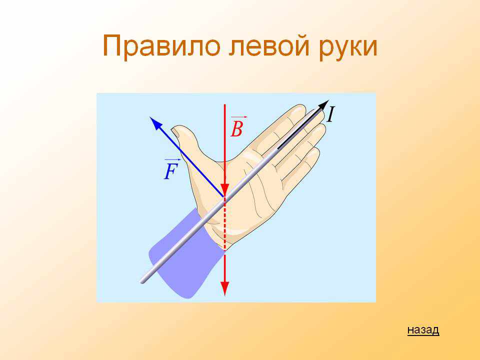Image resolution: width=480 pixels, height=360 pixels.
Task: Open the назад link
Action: click(x=423, y=329)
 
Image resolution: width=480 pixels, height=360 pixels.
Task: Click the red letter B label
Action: click(x=236, y=128)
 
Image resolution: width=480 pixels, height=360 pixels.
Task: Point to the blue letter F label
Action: click(x=171, y=171)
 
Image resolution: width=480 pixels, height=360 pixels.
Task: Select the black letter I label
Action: click(x=330, y=114)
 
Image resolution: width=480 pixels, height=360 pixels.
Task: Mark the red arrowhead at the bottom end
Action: click(x=224, y=288)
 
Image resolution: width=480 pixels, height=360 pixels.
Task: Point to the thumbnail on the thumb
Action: click(x=176, y=133)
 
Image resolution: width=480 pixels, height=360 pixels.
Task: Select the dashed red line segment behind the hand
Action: click(x=224, y=224)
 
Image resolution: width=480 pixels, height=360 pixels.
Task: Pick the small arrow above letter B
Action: click(x=239, y=117)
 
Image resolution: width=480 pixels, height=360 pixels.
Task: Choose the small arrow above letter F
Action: click(x=172, y=160)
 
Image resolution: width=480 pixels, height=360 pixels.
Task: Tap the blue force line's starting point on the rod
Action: click(x=223, y=196)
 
